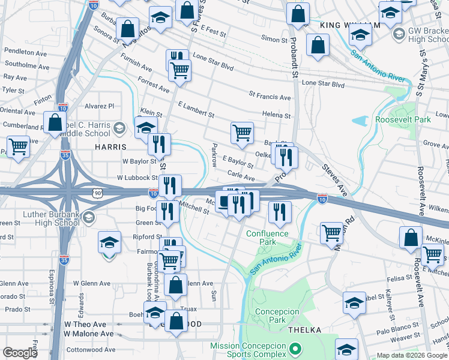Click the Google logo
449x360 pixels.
pyautogui.click(x=20, y=353)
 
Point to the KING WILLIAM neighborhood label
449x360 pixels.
pyautogui.click(x=350, y=25)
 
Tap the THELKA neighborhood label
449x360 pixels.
pyautogui.click(x=304, y=330)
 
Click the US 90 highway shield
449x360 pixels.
pyautogui.click(x=98, y=192)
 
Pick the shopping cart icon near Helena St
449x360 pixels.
pyautogui.click(x=242, y=133)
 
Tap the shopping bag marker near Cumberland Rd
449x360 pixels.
pyautogui.click(x=55, y=122)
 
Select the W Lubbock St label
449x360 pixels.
pyautogui.click(x=137, y=178)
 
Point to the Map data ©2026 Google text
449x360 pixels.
pyautogui.click(x=411, y=355)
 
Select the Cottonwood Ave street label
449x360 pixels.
pyautogui.click(x=89, y=349)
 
